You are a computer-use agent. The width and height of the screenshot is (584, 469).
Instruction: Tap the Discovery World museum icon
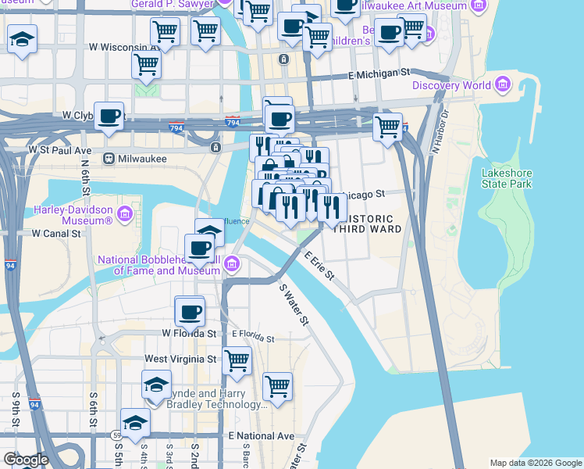coord(502,84)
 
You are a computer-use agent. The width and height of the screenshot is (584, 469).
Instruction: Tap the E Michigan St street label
coord(379,73)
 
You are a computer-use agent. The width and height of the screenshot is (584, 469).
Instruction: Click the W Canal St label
coord(56,233)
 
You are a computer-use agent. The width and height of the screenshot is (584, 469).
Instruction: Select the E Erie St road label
coord(319,266)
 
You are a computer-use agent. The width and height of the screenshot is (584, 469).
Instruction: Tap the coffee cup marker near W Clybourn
coord(109,116)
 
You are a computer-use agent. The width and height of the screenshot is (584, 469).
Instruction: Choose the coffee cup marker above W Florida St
coord(190,312)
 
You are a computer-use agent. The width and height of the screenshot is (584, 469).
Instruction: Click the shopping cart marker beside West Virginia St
coord(237,360)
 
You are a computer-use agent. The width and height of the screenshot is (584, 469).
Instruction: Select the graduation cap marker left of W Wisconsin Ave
coord(22,38)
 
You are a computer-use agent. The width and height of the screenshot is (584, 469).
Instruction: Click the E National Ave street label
coord(262,435)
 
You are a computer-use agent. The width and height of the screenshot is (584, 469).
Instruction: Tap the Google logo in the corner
coord(25,460)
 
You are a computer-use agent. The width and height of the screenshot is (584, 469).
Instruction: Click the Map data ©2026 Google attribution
coord(535,463)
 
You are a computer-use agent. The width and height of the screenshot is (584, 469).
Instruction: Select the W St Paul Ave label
coord(60,149)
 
